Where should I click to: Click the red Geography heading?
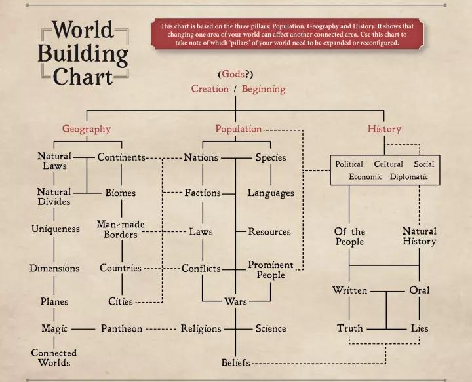pyautogui.click(x=87, y=129)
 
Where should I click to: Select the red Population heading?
pyautogui.click(x=239, y=129)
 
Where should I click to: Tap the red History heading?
pyautogui.click(x=384, y=129)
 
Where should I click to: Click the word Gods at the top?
pyautogui.click(x=233, y=74)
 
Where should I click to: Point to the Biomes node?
pyautogui.click(x=121, y=193)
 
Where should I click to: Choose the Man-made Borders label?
pyautogui.click(x=121, y=229)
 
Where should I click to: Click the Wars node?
pyautogui.click(x=235, y=301)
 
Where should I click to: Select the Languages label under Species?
pyautogui.click(x=271, y=193)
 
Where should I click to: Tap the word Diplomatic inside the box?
pyautogui.click(x=409, y=176)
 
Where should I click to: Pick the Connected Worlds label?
pyautogui.click(x=54, y=358)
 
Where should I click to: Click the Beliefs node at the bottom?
pyautogui.click(x=235, y=363)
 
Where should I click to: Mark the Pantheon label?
pyautogui.click(x=122, y=328)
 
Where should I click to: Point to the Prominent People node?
pyautogui.click(x=271, y=270)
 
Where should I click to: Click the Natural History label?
pyautogui.click(x=420, y=236)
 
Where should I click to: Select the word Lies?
pyautogui.click(x=420, y=328)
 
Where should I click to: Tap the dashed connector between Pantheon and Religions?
pyautogui.click(x=161, y=329)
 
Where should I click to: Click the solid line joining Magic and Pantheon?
pyautogui.click(x=83, y=329)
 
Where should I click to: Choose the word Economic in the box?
pyautogui.click(x=365, y=176)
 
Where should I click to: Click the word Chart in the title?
pyautogui.click(x=83, y=77)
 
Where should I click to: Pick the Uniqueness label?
pyautogui.click(x=55, y=229)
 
